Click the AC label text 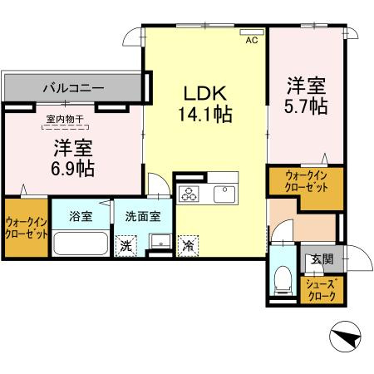[252, 41]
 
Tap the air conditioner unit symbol [252, 32]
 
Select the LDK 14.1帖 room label [205, 104]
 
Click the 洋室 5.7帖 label [306, 96]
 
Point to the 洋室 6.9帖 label [73, 158]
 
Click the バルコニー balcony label [74, 88]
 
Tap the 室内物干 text [65, 120]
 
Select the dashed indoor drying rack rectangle [65, 127]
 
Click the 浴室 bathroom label [81, 216]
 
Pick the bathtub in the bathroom [81, 244]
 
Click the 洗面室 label [143, 216]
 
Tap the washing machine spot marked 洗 [126, 246]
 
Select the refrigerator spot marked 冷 [188, 246]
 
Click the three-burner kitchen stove [189, 194]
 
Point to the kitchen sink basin [224, 194]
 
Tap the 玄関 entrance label [322, 259]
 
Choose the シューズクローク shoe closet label [322, 290]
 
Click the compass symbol [346, 337]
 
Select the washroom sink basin [160, 241]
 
